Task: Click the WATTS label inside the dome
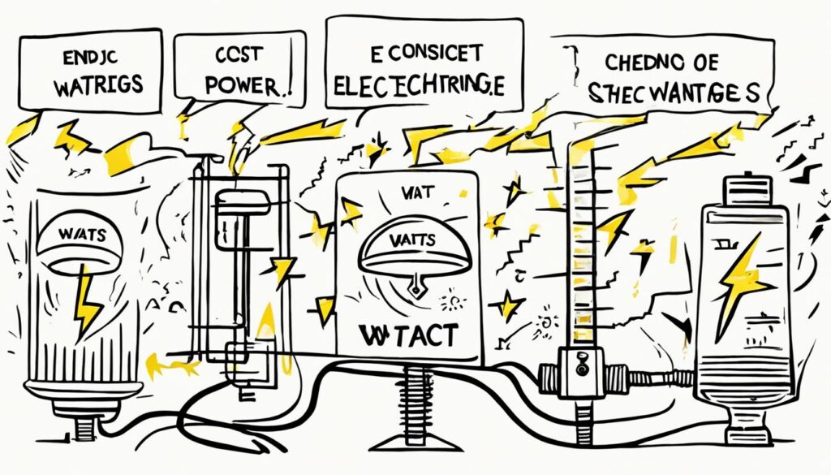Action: click(x=413, y=243)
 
